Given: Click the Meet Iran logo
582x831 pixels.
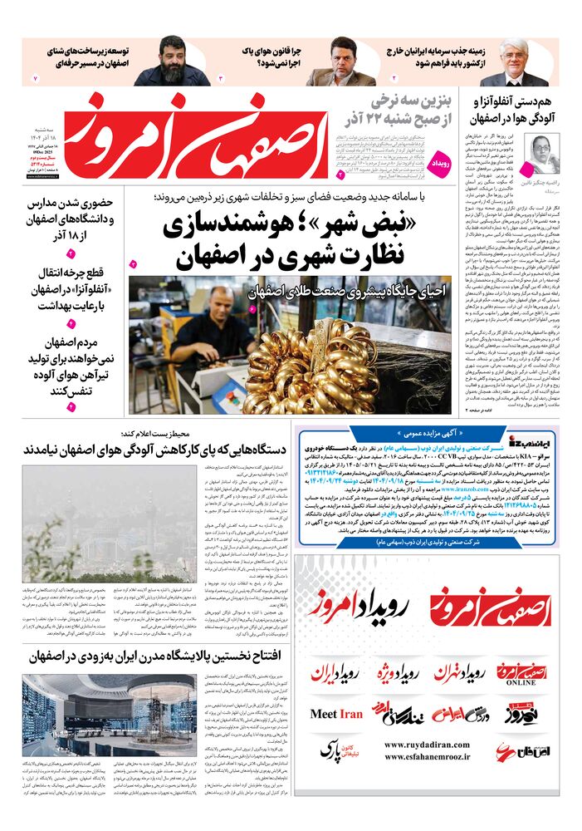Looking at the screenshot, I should tap(336, 714).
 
